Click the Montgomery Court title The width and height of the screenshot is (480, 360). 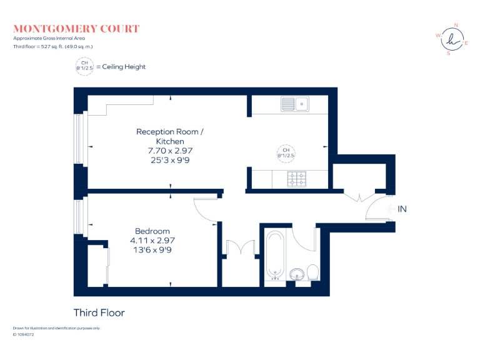point(76,29)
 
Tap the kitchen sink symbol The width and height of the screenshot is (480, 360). point(295,104)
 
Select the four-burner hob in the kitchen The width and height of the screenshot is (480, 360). point(297,179)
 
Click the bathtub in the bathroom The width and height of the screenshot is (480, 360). point(275,255)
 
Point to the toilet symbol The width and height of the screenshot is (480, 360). point(313,272)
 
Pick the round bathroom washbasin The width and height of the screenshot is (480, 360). point(297,274)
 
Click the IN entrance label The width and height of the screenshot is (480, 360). point(402,209)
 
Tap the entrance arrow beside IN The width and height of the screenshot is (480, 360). point(390,209)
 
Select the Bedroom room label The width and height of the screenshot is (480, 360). point(152,231)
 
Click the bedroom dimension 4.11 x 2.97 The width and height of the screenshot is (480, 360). point(152,241)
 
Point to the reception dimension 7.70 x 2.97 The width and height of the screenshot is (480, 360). point(170,151)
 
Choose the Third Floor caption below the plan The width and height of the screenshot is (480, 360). point(99,313)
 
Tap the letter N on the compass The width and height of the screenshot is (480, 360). point(456,26)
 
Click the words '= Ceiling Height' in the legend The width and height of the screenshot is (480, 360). point(121,67)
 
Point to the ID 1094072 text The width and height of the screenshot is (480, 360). point(24,334)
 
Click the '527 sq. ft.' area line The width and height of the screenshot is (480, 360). point(53,46)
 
